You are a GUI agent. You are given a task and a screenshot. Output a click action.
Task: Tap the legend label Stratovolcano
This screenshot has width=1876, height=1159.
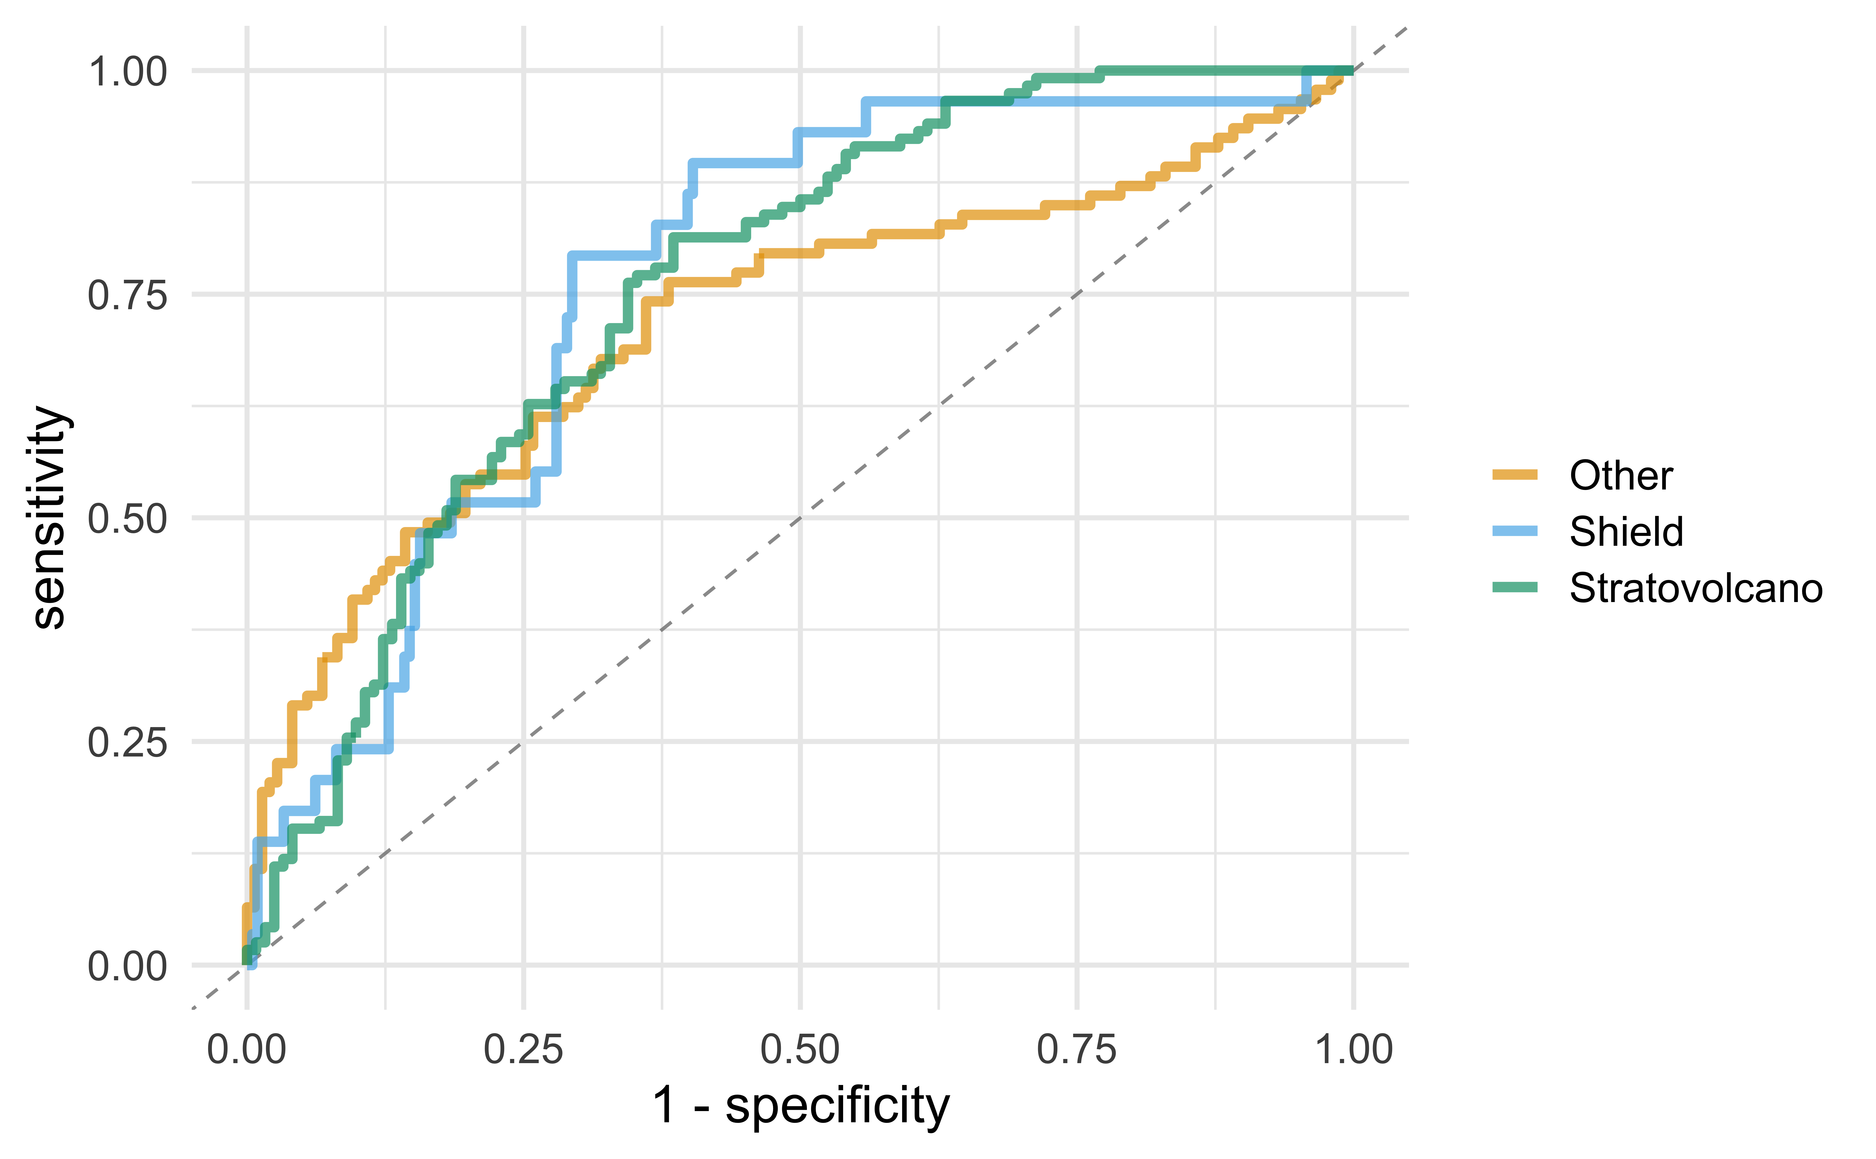pyautogui.click(x=1695, y=588)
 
